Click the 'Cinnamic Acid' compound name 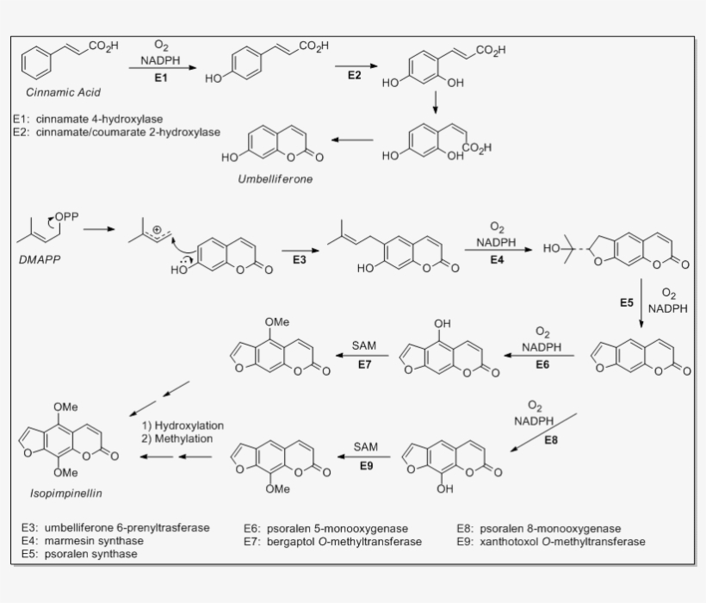pyautogui.click(x=62, y=93)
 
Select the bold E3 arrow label pyautogui.click(x=300, y=259)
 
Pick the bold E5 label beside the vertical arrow pyautogui.click(x=628, y=302)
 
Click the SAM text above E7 pyautogui.click(x=364, y=345)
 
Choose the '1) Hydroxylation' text pyautogui.click(x=183, y=426)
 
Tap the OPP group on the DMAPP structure pyautogui.click(x=66, y=217)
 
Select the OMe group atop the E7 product pyautogui.click(x=276, y=321)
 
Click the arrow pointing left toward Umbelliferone pyautogui.click(x=353, y=140)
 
